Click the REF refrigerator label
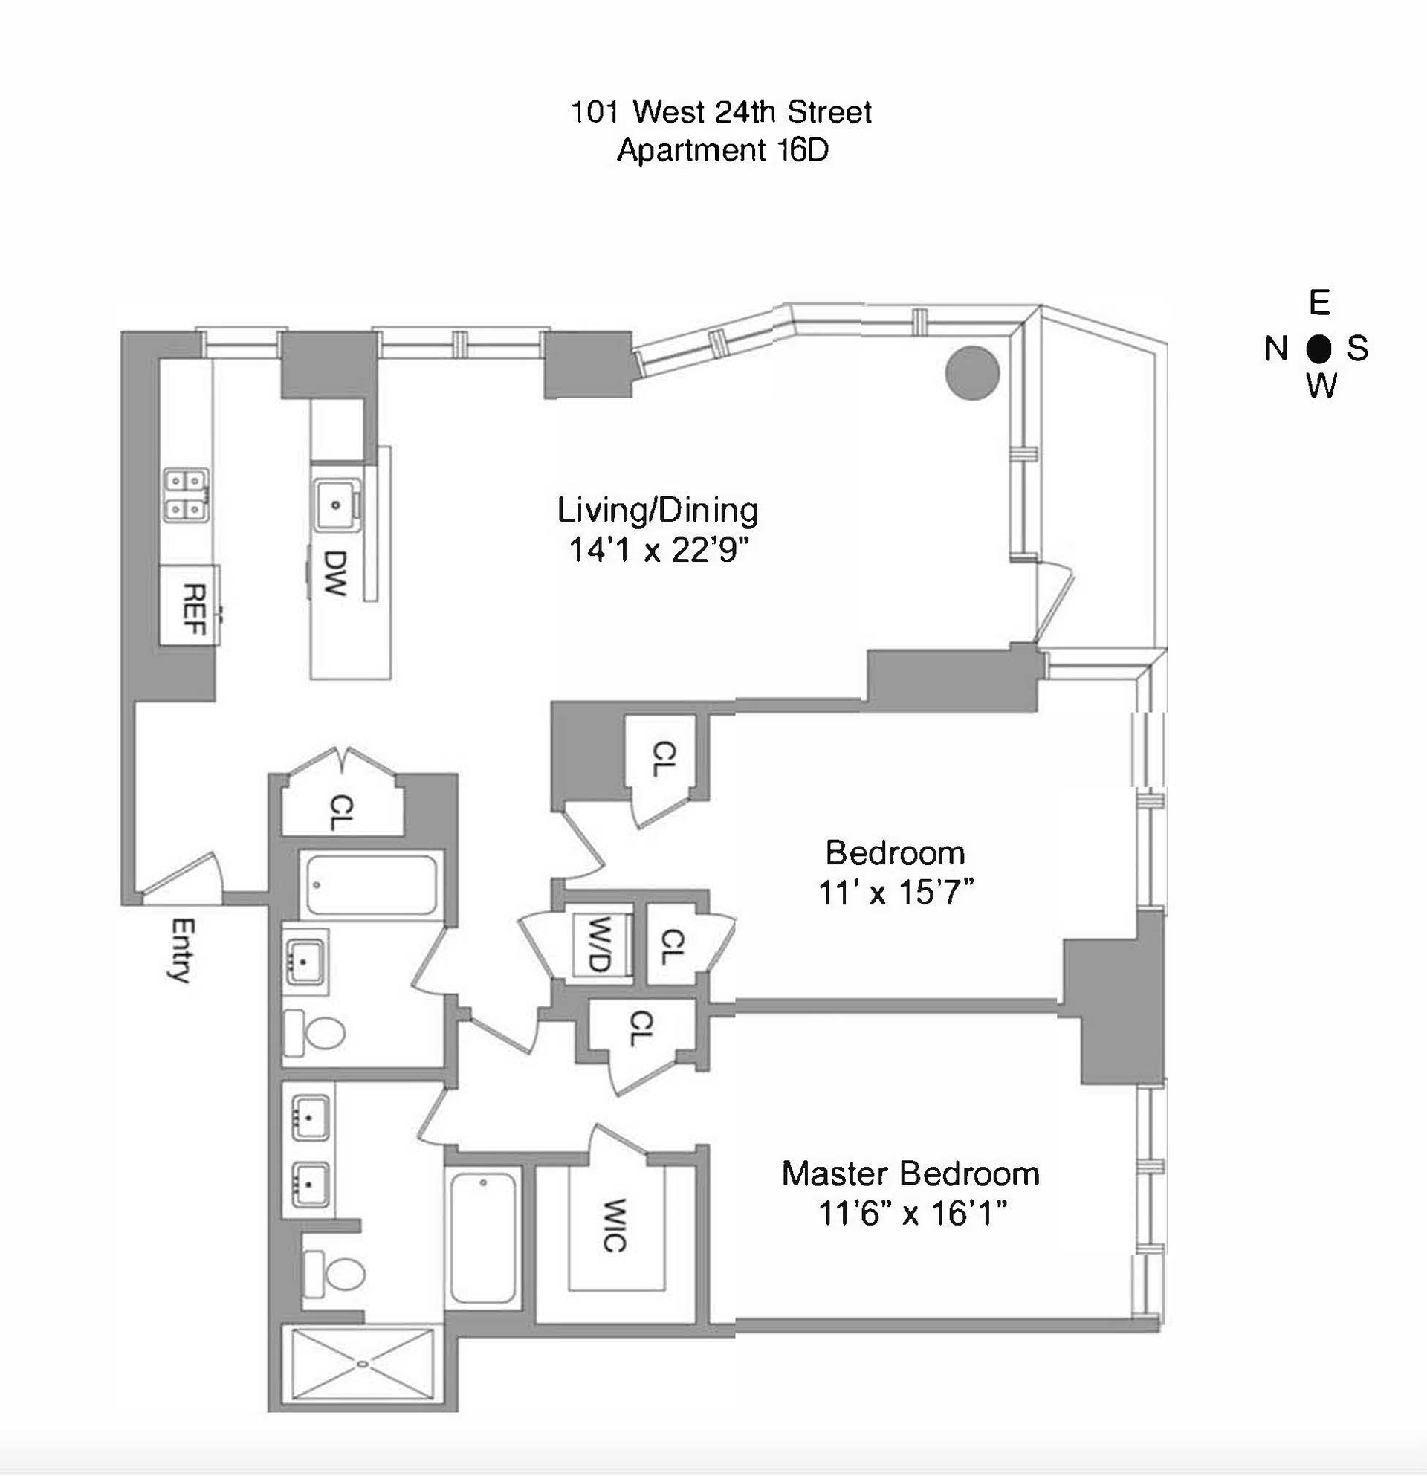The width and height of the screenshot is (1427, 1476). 195,610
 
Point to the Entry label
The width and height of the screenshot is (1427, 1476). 180,950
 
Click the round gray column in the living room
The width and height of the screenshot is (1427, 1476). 972,372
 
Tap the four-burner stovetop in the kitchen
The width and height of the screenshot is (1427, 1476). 186,496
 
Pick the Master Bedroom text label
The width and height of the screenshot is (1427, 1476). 910,1174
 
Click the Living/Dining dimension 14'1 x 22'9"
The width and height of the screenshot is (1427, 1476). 659,551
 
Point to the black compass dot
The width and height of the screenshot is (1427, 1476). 1318,349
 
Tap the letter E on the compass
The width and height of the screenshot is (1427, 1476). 1318,302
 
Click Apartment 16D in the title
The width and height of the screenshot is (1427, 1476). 722,151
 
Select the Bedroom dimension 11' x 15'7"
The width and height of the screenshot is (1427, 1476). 896,893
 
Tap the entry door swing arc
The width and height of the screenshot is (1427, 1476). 183,875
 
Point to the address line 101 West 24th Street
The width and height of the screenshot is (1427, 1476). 722,112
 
